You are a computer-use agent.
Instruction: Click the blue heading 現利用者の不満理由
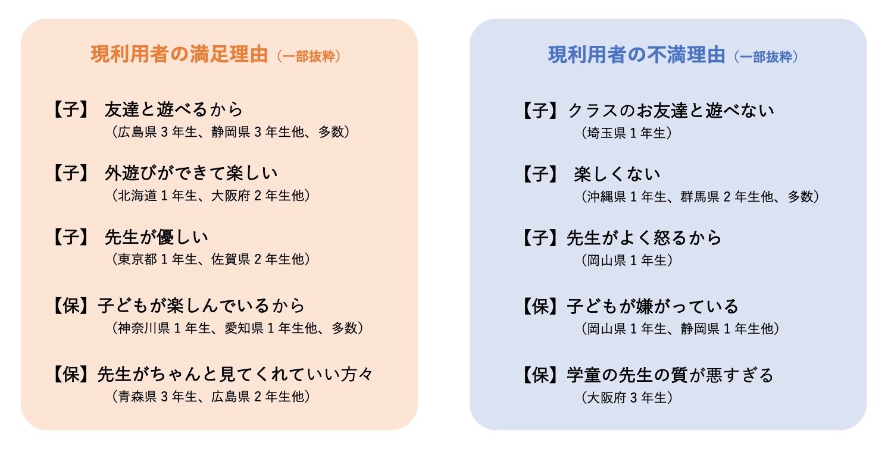[x=636, y=55]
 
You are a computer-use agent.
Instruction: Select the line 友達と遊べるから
[x=174, y=110]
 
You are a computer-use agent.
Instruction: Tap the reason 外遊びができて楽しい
[x=191, y=174]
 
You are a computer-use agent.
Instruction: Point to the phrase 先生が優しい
[x=157, y=237]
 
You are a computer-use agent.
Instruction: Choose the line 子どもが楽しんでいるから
[x=201, y=306]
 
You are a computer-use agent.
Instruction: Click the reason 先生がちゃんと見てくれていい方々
[x=235, y=375]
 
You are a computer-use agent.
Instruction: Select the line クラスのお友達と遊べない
[x=671, y=110]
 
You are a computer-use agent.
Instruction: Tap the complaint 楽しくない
[x=617, y=174]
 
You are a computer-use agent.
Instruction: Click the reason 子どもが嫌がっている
[x=653, y=306]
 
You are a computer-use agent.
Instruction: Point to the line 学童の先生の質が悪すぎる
[x=670, y=375]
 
